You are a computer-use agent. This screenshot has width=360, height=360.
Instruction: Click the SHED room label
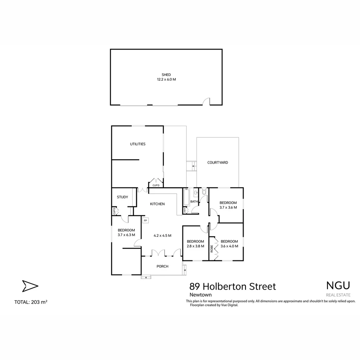(x=166, y=75)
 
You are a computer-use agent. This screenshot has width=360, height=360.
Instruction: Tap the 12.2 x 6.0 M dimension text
(x=166, y=80)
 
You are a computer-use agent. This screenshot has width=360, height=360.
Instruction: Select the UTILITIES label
(x=138, y=144)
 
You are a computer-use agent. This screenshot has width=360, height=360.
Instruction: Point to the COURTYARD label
(x=218, y=163)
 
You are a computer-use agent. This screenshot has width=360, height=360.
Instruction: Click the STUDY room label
(x=122, y=197)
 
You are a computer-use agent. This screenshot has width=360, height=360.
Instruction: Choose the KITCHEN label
(x=157, y=204)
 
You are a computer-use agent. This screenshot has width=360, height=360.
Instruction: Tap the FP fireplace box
(x=145, y=220)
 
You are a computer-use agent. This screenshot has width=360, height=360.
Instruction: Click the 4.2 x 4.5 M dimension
(x=162, y=235)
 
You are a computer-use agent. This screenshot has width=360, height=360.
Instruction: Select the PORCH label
(x=162, y=266)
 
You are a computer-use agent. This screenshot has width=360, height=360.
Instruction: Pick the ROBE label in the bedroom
(x=212, y=248)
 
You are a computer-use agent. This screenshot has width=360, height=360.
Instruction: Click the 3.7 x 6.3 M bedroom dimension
(x=126, y=235)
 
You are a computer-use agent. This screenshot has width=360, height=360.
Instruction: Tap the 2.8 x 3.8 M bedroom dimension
(x=195, y=246)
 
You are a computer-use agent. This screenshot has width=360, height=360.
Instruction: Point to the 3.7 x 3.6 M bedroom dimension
(x=228, y=207)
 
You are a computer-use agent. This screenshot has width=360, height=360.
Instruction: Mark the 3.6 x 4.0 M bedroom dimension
(x=229, y=246)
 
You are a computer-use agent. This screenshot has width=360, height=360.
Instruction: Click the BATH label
(x=194, y=202)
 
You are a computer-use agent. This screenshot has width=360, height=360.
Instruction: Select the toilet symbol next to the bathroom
(x=204, y=192)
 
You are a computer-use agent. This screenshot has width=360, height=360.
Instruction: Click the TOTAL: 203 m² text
(x=31, y=302)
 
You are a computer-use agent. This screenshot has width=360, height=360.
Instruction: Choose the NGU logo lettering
(x=338, y=286)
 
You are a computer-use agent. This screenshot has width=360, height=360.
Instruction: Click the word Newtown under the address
(x=200, y=295)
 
